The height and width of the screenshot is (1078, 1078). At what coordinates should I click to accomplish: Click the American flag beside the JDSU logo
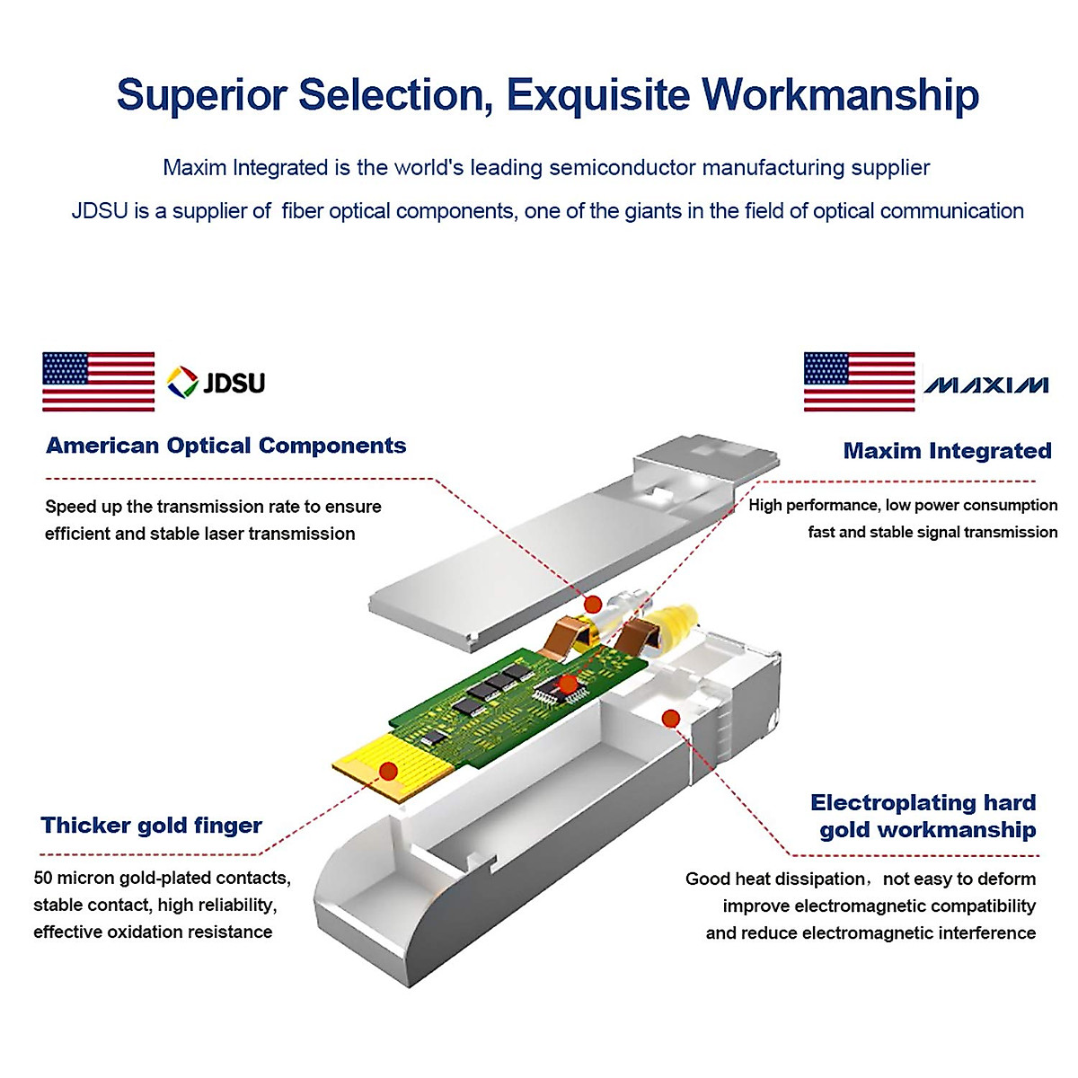click(x=98, y=382)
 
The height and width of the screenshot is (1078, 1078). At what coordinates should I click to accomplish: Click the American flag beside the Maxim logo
click(x=859, y=382)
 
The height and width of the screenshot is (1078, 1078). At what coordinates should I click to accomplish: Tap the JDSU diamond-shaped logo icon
click(x=182, y=383)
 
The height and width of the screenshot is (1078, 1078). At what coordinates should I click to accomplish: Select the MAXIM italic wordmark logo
click(x=985, y=385)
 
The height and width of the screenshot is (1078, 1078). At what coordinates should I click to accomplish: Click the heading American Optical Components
click(x=225, y=446)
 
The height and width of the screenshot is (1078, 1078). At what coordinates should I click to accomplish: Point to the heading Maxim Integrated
click(x=947, y=451)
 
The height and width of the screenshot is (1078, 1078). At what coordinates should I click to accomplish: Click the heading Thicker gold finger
click(x=151, y=826)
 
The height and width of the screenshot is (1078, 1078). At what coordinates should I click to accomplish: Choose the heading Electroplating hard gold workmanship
click(x=925, y=816)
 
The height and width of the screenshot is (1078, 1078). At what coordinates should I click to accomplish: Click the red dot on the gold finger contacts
click(x=388, y=771)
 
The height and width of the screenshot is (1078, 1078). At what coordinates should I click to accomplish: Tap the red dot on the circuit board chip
click(x=568, y=685)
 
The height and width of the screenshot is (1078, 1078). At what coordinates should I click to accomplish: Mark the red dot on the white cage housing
click(x=670, y=717)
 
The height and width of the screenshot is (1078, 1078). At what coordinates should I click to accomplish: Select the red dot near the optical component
click(x=593, y=604)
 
